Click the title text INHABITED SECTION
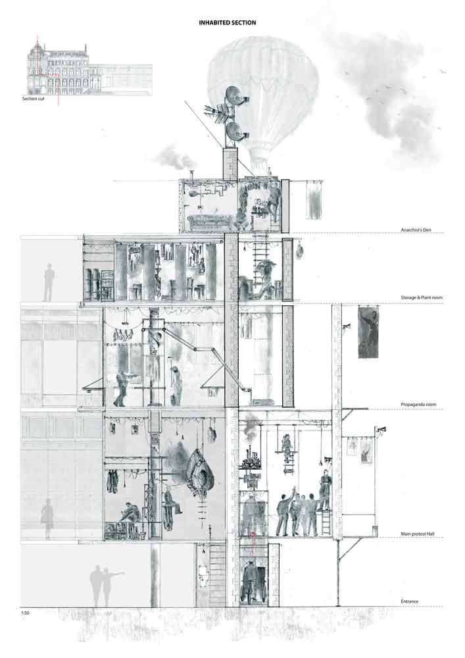click(228, 22)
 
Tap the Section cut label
click(33, 99)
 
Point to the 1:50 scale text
click(25, 613)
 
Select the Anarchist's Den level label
click(416, 230)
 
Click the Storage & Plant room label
click(422, 297)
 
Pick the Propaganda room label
click(418, 405)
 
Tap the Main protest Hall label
click(417, 534)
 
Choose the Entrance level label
click(409, 601)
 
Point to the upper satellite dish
click(233, 95)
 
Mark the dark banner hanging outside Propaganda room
click(368, 332)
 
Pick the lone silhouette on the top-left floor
click(49, 282)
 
